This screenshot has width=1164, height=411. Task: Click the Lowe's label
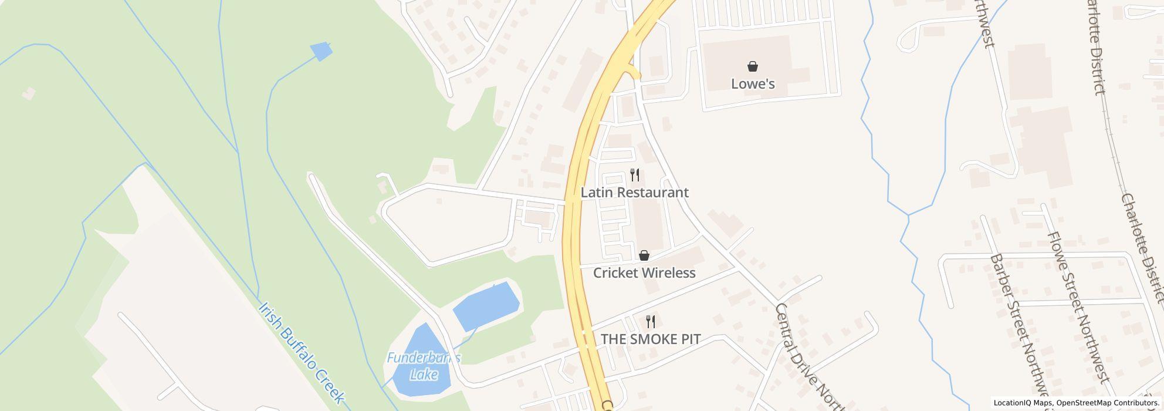pyautogui.click(x=753, y=84)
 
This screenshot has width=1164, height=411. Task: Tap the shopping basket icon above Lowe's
pyautogui.click(x=753, y=66)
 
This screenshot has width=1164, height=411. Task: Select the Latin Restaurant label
pyautogui.click(x=634, y=193)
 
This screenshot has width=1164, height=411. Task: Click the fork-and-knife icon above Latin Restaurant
pyautogui.click(x=634, y=175)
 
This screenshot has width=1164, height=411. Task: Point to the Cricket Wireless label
pyautogui.click(x=644, y=273)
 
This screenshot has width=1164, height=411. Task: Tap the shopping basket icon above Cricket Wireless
pyautogui.click(x=644, y=255)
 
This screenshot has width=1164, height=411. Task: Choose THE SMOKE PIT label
pyautogui.click(x=651, y=339)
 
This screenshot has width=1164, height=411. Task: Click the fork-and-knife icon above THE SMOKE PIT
pyautogui.click(x=650, y=321)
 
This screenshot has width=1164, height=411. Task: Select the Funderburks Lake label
pyautogui.click(x=424, y=366)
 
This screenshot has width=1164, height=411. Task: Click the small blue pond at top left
pyautogui.click(x=321, y=51)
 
